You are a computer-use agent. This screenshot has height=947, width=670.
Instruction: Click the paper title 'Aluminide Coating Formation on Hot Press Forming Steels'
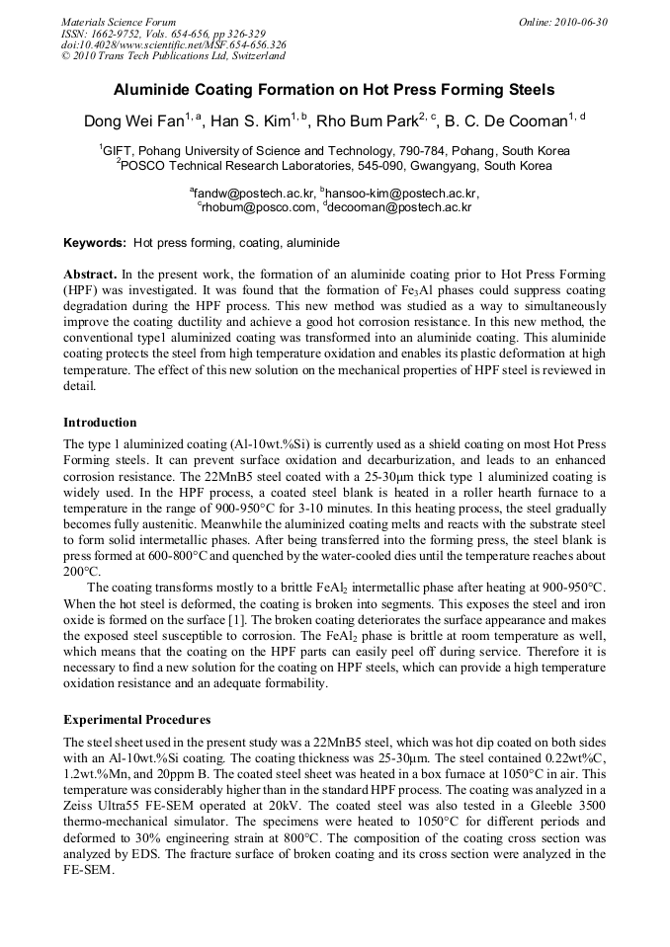click(334, 90)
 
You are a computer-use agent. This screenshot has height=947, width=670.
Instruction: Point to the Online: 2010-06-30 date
click(563, 22)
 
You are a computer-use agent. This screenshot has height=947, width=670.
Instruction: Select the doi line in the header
click(173, 44)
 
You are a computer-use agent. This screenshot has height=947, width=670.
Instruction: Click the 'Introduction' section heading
click(100, 422)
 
